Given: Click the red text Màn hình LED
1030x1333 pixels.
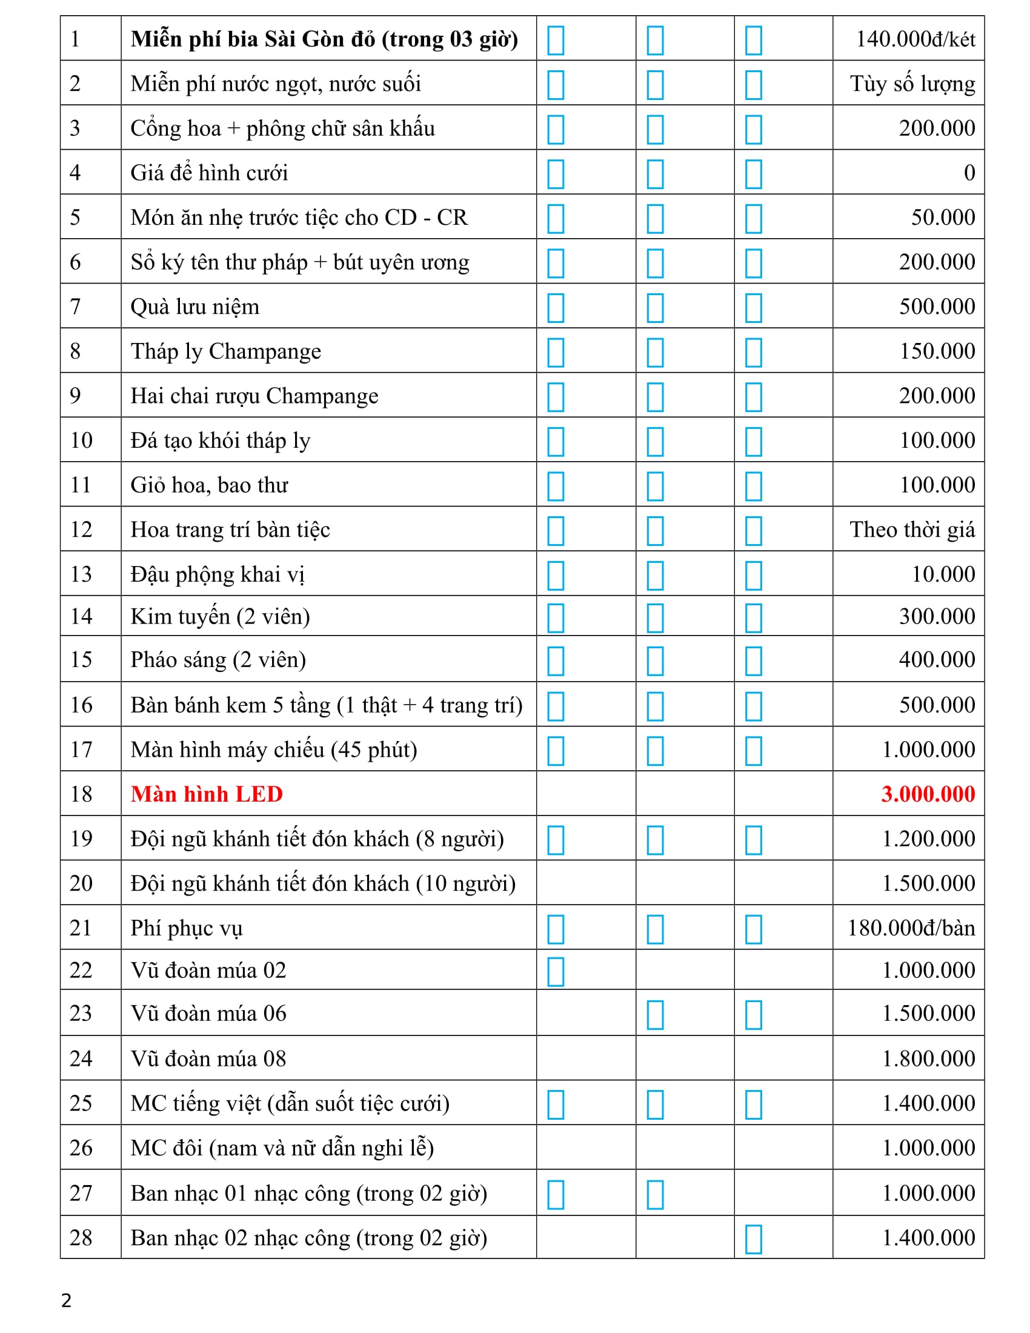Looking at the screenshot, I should click(x=206, y=794).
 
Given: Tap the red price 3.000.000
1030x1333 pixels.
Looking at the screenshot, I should click(x=928, y=794).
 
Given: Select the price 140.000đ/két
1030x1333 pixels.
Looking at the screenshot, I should click(x=915, y=39).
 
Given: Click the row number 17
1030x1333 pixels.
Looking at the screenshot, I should click(x=81, y=750).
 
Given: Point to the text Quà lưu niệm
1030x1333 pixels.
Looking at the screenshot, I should click(x=194, y=307).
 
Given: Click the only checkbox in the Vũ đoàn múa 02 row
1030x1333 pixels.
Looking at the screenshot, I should click(x=555, y=972).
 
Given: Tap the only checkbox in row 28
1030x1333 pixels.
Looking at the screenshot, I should click(x=753, y=1239).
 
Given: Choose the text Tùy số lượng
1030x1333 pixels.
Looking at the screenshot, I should click(x=912, y=84).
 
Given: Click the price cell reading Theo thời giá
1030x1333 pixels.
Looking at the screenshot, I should click(x=912, y=530).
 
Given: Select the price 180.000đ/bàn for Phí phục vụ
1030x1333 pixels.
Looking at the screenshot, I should click(x=911, y=928).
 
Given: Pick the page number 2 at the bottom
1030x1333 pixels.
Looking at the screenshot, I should click(x=67, y=1301).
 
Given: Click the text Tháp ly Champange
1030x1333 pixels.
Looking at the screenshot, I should click(x=226, y=351).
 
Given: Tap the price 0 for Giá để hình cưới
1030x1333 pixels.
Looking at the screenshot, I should click(x=969, y=173).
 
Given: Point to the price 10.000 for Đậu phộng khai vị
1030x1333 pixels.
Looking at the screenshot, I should click(x=943, y=574).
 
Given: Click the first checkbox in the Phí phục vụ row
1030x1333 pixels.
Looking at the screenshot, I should click(x=555, y=929).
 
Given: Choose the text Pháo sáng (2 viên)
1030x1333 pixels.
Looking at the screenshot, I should click(x=218, y=660).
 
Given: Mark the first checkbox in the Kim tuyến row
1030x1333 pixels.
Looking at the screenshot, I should click(x=555, y=617).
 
